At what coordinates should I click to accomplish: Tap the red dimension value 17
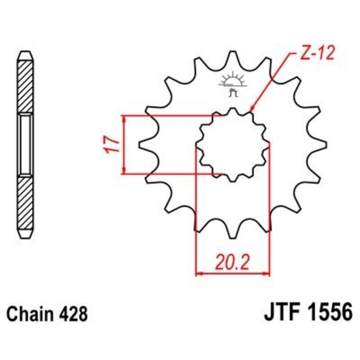[113, 145]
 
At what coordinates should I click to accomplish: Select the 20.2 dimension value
[232, 261]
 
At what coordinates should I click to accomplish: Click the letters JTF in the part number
[278, 313]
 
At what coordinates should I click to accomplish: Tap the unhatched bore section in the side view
[25, 145]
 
